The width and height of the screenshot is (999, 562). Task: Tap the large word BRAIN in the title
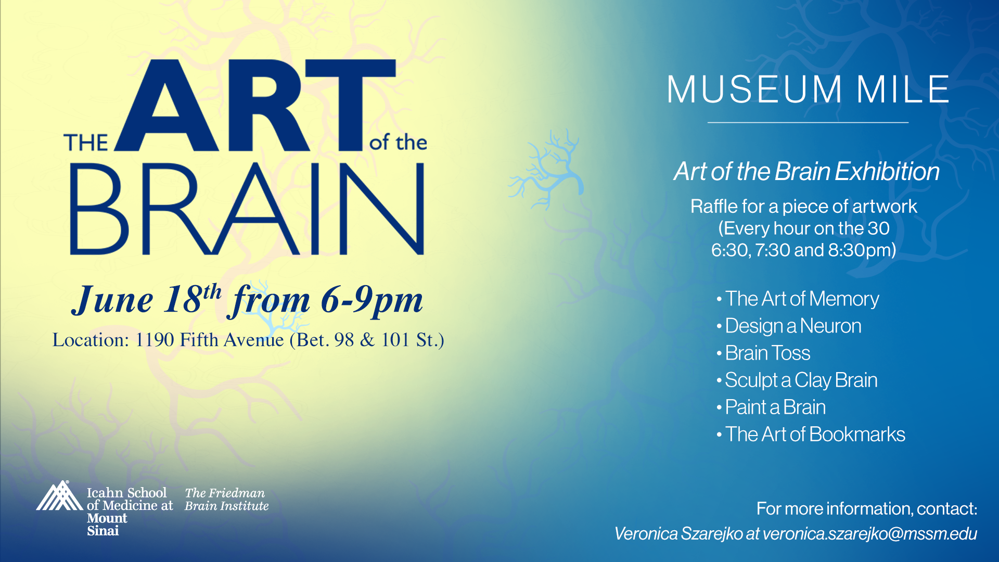pyautogui.click(x=247, y=209)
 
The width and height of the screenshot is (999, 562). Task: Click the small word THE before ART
pyautogui.click(x=86, y=143)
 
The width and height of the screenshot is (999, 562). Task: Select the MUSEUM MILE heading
pyautogui.click(x=808, y=89)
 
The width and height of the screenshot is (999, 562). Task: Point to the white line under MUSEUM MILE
pyautogui.click(x=808, y=122)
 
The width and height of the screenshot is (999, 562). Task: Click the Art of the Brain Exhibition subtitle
pyautogui.click(x=806, y=171)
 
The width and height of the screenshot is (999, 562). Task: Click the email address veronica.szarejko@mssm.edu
pyautogui.click(x=870, y=533)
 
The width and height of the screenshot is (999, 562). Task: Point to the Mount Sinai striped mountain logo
pyautogui.click(x=59, y=495)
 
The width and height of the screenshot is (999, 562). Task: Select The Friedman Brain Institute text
pyautogui.click(x=227, y=500)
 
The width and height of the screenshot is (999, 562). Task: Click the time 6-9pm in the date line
pyautogui.click(x=372, y=300)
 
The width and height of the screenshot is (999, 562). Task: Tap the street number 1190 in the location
pyautogui.click(x=155, y=340)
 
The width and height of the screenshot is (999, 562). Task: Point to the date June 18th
pyautogui.click(x=147, y=299)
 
